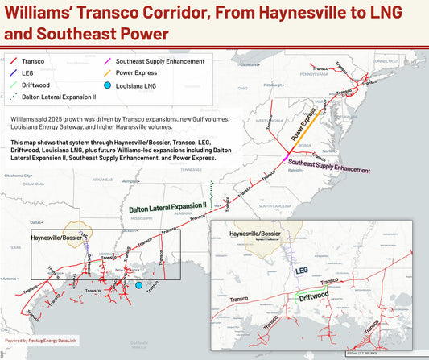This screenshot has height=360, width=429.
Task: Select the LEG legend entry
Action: pyautogui.click(x=28, y=72)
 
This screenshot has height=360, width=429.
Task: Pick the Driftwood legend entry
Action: pyautogui.click(x=35, y=85)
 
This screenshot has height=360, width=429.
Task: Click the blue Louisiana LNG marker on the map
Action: pyautogui.click(x=138, y=285)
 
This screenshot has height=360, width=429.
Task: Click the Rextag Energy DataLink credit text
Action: pyautogui.click(x=45, y=341)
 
